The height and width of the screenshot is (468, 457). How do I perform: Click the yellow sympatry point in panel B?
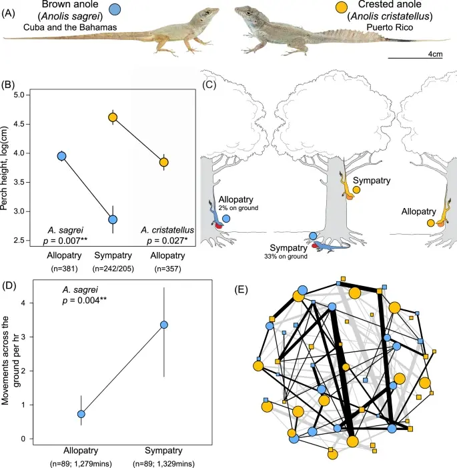[113, 117]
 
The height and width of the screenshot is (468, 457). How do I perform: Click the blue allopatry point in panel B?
[61, 156]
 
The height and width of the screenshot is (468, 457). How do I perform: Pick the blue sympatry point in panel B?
[113, 219]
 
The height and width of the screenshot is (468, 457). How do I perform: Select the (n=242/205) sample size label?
[113, 269]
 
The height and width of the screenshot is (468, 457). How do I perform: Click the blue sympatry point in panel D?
[164, 325]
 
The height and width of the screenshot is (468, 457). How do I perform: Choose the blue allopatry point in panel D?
[81, 414]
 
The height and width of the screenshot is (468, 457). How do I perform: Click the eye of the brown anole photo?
[207, 13]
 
